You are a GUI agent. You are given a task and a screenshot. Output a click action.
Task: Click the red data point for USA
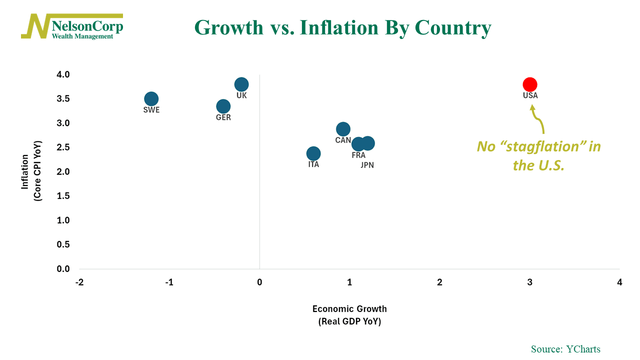530,84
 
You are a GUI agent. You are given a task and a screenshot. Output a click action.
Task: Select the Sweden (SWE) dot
151,99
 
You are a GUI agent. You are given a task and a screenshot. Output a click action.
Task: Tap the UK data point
241,84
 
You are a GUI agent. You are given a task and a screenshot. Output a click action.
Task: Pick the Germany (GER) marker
223,106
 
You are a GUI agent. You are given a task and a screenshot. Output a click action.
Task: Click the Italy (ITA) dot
313,153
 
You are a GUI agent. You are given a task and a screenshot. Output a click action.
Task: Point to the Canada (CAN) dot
343,129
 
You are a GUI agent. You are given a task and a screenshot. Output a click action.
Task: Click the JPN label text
367,165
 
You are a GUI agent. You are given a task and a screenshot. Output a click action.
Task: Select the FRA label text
358,155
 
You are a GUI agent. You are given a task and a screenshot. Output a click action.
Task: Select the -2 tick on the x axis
79,282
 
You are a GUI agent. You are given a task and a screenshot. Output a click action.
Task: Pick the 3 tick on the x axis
530,282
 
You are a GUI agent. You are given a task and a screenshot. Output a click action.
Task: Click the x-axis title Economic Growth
349,309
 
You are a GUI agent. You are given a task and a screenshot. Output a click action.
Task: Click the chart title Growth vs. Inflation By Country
342,27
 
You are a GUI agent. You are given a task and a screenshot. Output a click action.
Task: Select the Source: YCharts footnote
565,349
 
